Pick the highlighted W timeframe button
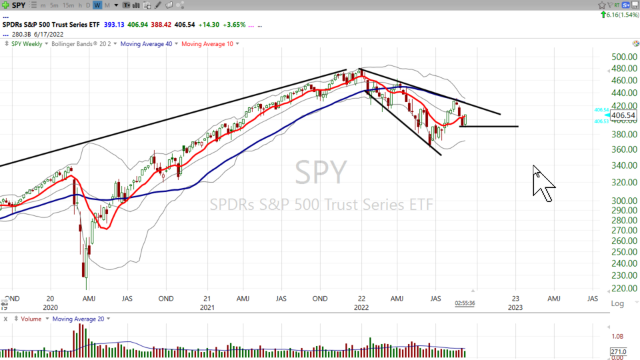[x=97, y=5]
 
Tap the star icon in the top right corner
[x=601, y=5]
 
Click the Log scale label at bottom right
[x=618, y=303]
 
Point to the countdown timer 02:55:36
[x=465, y=303]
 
